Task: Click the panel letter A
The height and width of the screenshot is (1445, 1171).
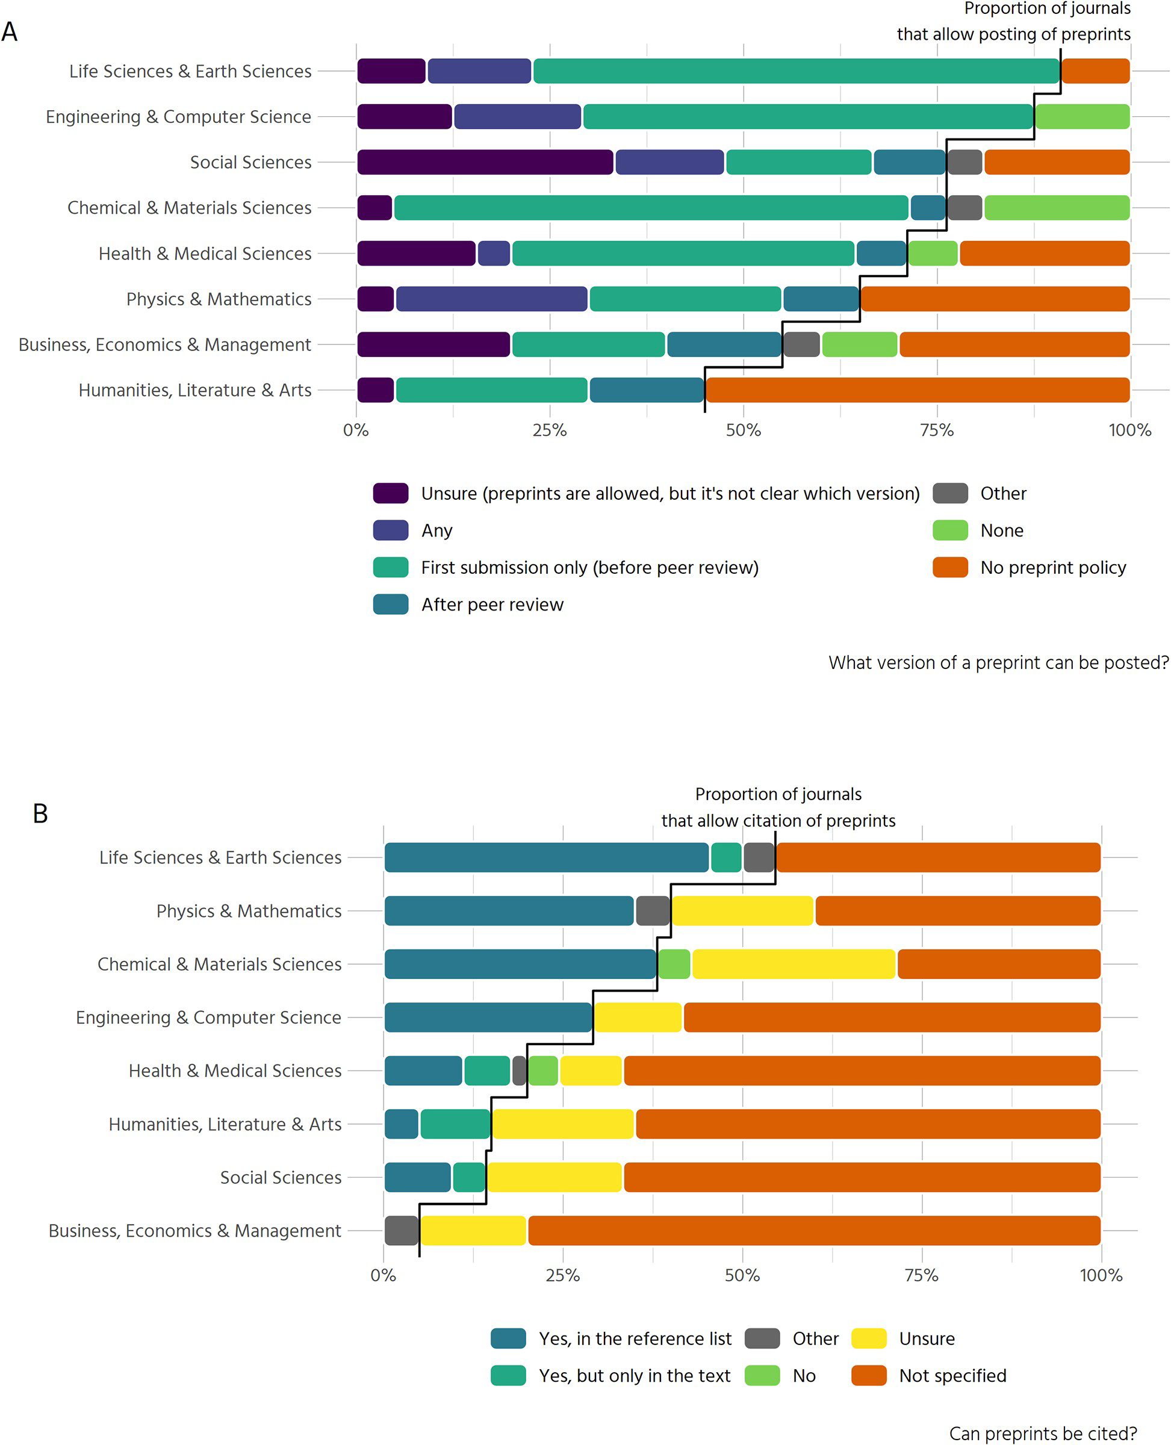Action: tap(10, 32)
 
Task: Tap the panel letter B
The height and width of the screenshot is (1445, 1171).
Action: tap(40, 813)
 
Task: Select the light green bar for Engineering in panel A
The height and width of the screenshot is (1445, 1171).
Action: tap(1082, 117)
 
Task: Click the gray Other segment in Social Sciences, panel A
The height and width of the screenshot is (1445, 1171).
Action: tap(964, 162)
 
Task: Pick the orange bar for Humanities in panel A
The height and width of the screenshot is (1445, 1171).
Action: tap(918, 390)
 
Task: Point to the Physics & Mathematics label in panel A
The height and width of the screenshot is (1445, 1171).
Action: tap(219, 299)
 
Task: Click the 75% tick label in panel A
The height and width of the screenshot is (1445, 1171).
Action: tap(937, 430)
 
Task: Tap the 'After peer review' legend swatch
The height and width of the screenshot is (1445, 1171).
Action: tap(391, 604)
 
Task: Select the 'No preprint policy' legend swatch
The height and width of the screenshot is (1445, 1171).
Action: tap(950, 567)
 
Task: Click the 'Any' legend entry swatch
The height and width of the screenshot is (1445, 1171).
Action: tap(391, 530)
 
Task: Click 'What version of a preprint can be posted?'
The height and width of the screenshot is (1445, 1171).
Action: tap(998, 662)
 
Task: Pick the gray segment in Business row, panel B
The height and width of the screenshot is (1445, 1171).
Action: tap(402, 1231)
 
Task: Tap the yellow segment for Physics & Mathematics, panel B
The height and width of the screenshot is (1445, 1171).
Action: tap(743, 911)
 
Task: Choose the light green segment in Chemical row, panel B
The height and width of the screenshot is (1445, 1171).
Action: tap(674, 964)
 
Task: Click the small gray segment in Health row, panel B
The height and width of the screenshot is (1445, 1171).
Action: tap(520, 1071)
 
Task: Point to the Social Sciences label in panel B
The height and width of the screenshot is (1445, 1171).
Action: tap(281, 1177)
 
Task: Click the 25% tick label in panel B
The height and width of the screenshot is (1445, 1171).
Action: tap(562, 1275)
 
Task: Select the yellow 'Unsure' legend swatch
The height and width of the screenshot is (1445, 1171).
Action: tap(869, 1338)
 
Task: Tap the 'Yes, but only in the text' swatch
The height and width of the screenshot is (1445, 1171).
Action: tap(508, 1376)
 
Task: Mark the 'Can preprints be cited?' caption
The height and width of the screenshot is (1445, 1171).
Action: tap(1043, 1434)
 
